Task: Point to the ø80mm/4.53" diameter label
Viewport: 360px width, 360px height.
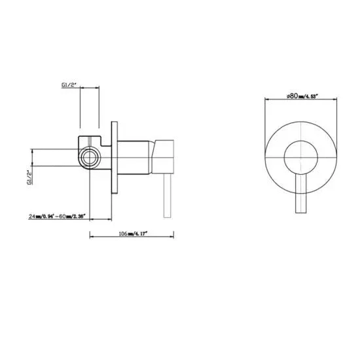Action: tap(302, 96)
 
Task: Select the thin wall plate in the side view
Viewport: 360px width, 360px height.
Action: tap(116, 158)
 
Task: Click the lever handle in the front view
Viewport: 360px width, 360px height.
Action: tap(302, 196)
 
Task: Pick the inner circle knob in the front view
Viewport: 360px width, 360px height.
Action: tap(302, 158)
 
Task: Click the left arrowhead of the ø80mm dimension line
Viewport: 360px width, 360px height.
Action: tap(266, 100)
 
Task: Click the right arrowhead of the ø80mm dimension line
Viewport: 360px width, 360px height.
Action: tap(337, 100)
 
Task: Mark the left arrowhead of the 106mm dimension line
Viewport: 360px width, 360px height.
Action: tap(91, 236)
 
